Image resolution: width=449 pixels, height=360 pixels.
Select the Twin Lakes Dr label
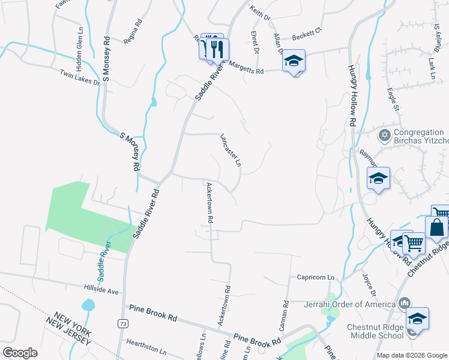click(x=79, y=77)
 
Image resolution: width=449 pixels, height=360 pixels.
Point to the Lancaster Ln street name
click(x=231, y=149)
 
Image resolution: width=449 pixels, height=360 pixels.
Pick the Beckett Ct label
click(x=307, y=37)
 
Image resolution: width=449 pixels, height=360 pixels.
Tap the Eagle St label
click(x=394, y=100)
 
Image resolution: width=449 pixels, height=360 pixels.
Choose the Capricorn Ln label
click(x=315, y=277)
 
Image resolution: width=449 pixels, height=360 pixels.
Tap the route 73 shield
click(x=123, y=324)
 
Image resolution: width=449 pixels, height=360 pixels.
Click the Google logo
click(x=20, y=353)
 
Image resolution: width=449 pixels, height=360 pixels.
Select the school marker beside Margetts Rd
click(x=294, y=61)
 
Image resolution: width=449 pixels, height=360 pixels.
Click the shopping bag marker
click(x=436, y=228)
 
